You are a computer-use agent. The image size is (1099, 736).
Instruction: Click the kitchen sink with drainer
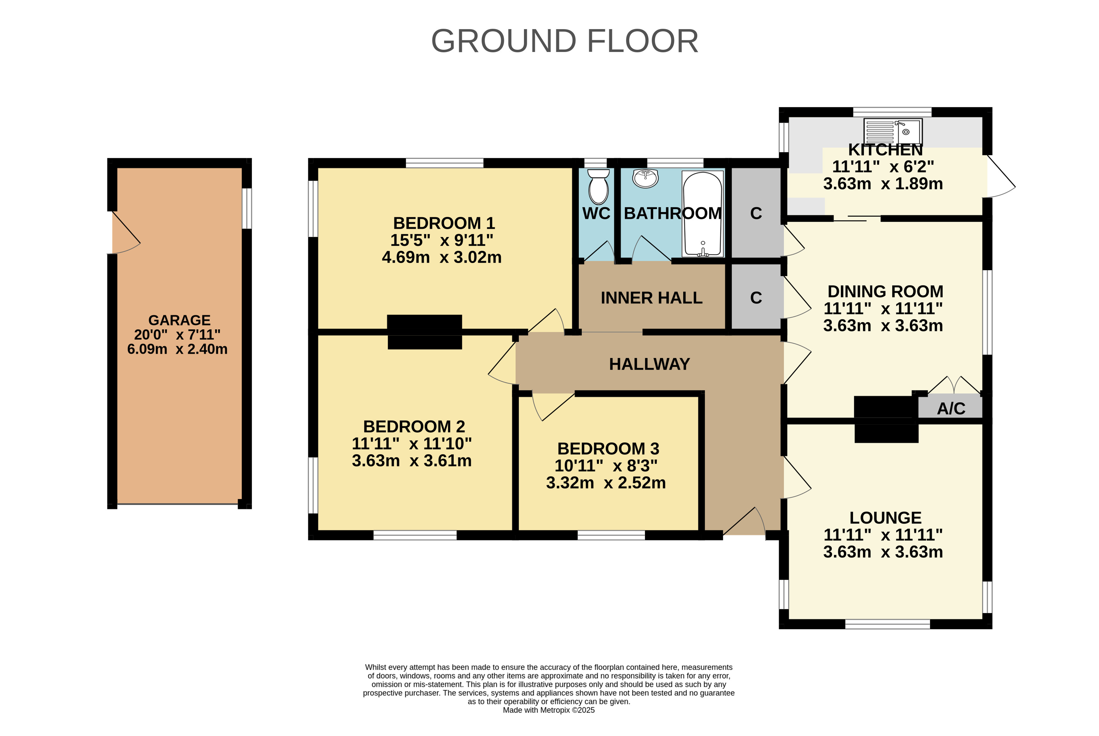click(x=893, y=131)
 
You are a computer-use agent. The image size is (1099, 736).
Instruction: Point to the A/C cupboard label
click(x=951, y=408)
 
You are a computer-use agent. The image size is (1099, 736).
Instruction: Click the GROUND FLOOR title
click(x=564, y=41)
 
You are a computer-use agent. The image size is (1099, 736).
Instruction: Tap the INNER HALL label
click(x=651, y=298)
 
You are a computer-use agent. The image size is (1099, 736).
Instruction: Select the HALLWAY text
click(x=649, y=364)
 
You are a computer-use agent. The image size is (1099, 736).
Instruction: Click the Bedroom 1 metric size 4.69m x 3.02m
click(x=442, y=257)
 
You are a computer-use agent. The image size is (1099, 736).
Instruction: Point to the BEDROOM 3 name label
click(x=608, y=449)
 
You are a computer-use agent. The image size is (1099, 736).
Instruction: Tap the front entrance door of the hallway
click(x=744, y=521)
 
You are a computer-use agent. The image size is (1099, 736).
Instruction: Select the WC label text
click(x=596, y=214)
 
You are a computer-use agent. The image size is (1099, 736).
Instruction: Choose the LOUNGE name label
click(x=885, y=518)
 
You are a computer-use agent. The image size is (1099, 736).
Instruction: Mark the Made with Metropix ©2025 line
click(x=549, y=710)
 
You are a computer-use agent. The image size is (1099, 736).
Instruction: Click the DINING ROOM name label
click(x=885, y=291)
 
